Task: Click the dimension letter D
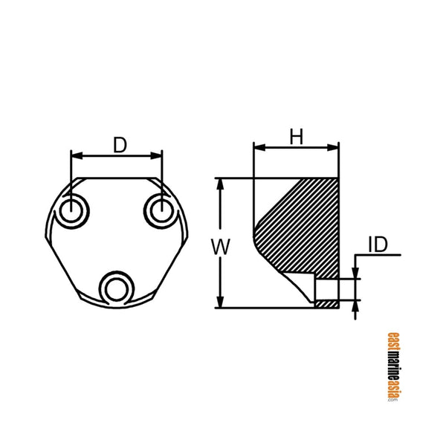[119, 144]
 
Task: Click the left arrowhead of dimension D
[75, 155]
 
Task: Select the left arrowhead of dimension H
[258, 147]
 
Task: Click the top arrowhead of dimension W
[220, 183]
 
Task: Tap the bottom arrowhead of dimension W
[220, 303]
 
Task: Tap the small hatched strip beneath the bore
[326, 304]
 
